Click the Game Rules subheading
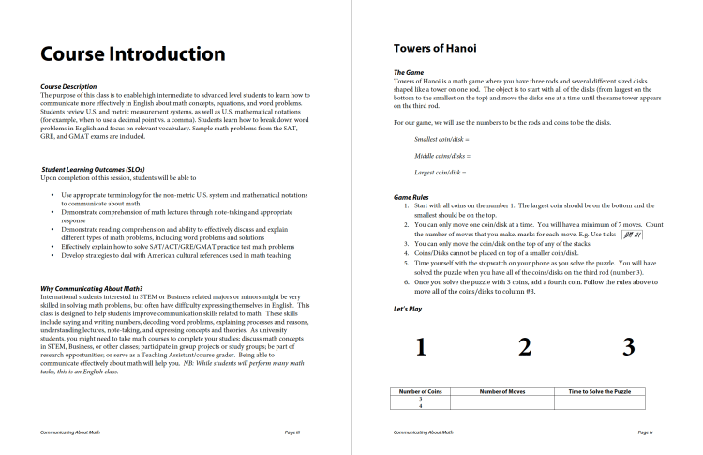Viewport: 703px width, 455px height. [x=414, y=197]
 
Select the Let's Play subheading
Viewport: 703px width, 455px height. [x=410, y=309]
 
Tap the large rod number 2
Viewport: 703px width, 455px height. [x=525, y=347]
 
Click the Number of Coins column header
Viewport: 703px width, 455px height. [x=420, y=390]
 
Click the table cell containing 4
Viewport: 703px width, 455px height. [x=420, y=405]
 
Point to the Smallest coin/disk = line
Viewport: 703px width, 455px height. [x=441, y=139]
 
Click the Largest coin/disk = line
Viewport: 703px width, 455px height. [x=440, y=173]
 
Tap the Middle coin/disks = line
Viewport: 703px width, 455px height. [x=441, y=156]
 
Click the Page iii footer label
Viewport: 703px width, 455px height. [x=292, y=432]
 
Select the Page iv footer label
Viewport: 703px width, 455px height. [x=644, y=432]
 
